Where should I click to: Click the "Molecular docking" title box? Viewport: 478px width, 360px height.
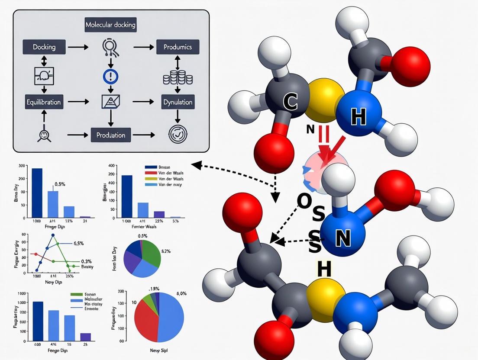click(110, 25)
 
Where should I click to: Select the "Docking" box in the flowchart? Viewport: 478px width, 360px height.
click(44, 47)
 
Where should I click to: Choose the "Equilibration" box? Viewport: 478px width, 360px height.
click(43, 103)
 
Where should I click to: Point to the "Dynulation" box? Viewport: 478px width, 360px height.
click(178, 103)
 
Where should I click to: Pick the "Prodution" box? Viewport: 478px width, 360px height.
click(110, 135)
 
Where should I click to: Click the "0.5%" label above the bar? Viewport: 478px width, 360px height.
click(59, 184)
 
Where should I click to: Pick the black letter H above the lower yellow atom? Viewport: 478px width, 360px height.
click(324, 269)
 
